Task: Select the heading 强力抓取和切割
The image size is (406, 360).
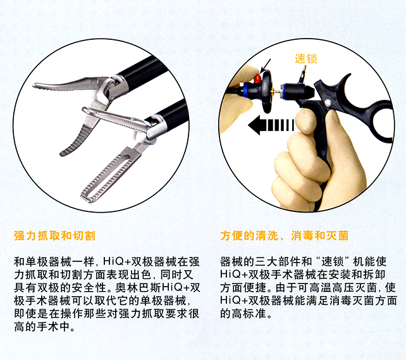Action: click(54, 236)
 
